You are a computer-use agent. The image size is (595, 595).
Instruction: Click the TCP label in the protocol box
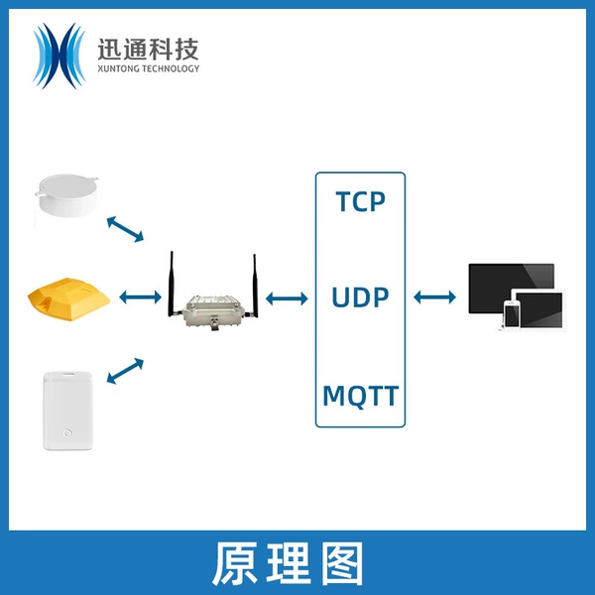pyautogui.click(x=360, y=201)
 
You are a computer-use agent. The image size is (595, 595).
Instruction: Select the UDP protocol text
pyautogui.click(x=360, y=297)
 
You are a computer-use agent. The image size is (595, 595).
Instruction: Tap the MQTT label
pyautogui.click(x=361, y=396)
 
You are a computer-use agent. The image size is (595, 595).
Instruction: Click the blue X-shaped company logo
pyautogui.click(x=59, y=56)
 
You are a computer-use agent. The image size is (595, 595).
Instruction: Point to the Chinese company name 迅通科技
pyautogui.click(x=148, y=50)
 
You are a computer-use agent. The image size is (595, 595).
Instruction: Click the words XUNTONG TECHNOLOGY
pyautogui.click(x=149, y=68)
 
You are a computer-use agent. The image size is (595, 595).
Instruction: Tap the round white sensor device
pyautogui.click(x=66, y=194)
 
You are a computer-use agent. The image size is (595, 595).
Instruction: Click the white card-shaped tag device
pyautogui.click(x=67, y=411)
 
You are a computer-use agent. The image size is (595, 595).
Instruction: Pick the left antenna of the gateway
pyautogui.click(x=172, y=284)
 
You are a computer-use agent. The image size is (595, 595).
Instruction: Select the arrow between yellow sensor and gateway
pyautogui.click(x=141, y=297)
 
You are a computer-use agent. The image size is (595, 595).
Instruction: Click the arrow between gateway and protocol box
pyautogui.click(x=287, y=298)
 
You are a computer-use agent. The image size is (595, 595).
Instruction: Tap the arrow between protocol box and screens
pyautogui.click(x=435, y=297)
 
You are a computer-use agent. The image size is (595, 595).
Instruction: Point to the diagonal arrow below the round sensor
pyautogui.click(x=125, y=229)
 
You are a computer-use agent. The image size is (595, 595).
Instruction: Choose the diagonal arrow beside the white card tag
pyautogui.click(x=125, y=371)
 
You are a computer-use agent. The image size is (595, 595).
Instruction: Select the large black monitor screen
pyautogui.click(x=511, y=288)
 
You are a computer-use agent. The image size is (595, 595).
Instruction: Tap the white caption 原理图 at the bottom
pyautogui.click(x=288, y=564)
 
